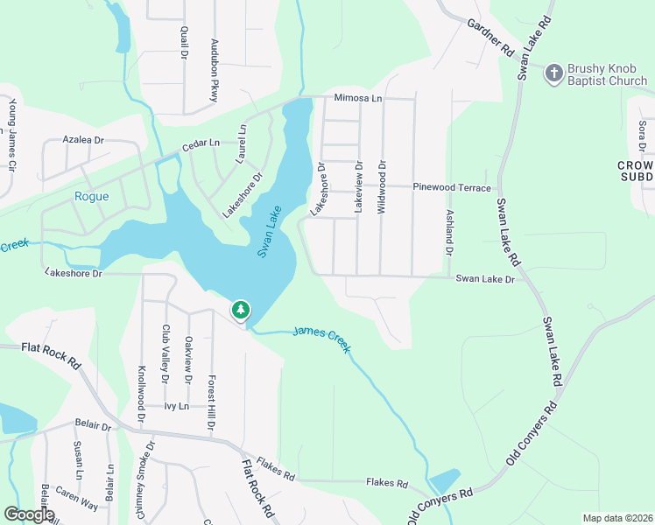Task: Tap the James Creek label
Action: (322, 339)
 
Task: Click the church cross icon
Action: (553, 73)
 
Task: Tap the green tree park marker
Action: (241, 310)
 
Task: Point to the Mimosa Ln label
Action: (358, 98)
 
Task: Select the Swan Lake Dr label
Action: (485, 278)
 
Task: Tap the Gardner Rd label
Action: (489, 38)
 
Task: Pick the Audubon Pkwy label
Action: (213, 70)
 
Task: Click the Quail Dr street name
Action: (184, 42)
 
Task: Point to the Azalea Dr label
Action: (83, 139)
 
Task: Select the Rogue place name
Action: (92, 196)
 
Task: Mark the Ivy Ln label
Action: (177, 406)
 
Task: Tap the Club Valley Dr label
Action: (165, 353)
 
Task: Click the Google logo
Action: (29, 514)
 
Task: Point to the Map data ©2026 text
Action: (617, 518)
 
